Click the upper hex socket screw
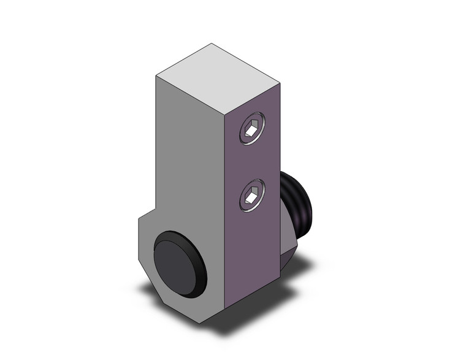[252, 129]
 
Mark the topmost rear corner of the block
[212, 44]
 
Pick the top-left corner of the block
[156, 75]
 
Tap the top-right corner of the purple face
[281, 85]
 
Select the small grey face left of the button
[143, 245]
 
